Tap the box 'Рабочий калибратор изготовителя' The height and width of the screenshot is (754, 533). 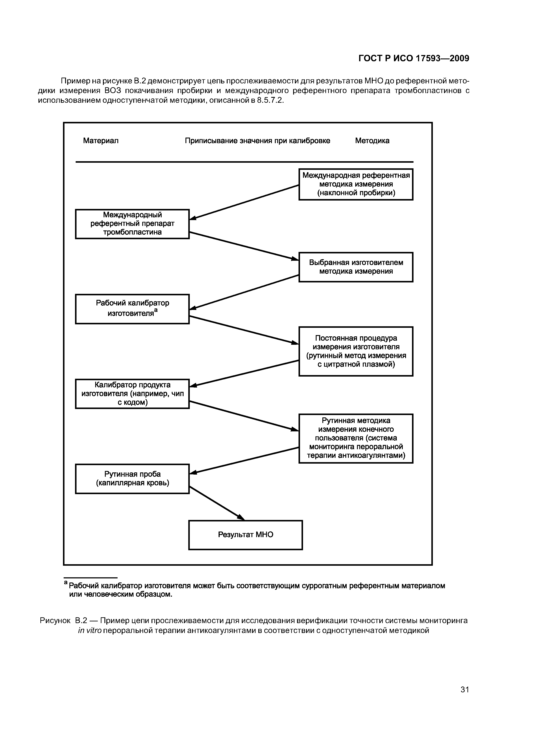[132, 309]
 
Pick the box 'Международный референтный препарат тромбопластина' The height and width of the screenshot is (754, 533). [132, 224]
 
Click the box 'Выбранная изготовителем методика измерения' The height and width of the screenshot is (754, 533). [356, 267]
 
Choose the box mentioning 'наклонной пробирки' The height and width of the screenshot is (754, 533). [356, 184]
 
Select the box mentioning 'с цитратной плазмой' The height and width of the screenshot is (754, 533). [356, 351]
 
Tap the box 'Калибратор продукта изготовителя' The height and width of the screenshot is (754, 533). [132, 394]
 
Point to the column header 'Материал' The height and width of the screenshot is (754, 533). [101, 141]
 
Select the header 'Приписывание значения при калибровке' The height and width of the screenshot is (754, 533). [257, 141]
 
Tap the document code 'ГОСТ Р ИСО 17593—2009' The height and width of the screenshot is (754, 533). [414, 58]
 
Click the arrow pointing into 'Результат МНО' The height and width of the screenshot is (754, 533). [217, 503]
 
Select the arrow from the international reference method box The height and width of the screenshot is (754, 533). [244, 202]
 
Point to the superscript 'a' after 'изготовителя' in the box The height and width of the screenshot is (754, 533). [156, 310]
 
